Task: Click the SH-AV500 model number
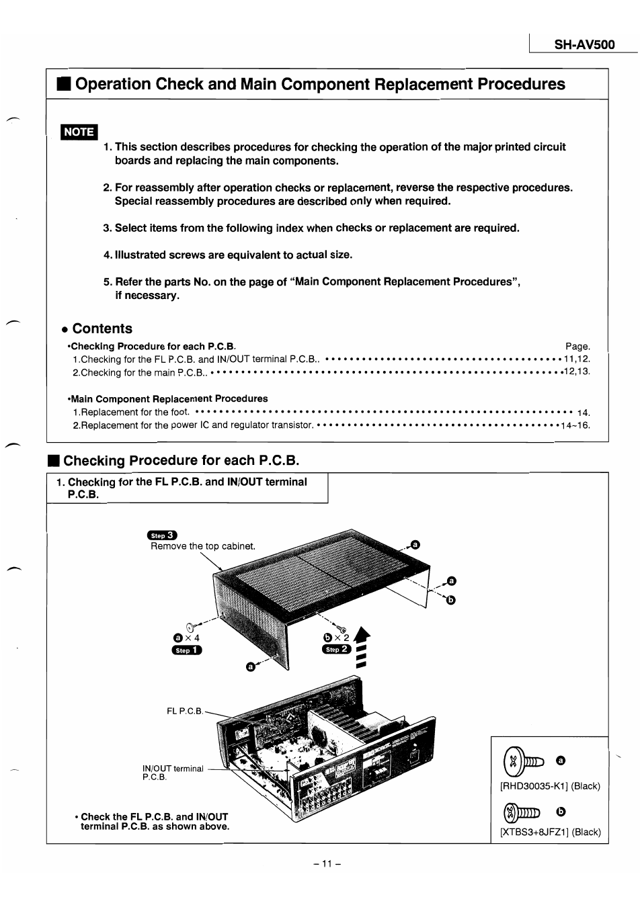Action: [x=584, y=45]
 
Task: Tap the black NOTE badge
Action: [x=79, y=132]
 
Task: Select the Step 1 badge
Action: [x=188, y=650]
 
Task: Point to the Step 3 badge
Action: [x=162, y=535]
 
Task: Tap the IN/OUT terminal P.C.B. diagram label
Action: [x=172, y=773]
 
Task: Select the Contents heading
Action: [x=102, y=329]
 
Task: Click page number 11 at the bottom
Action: [x=327, y=864]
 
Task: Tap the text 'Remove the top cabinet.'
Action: [x=202, y=546]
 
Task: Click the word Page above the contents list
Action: [x=577, y=347]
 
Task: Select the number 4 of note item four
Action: [x=107, y=255]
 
